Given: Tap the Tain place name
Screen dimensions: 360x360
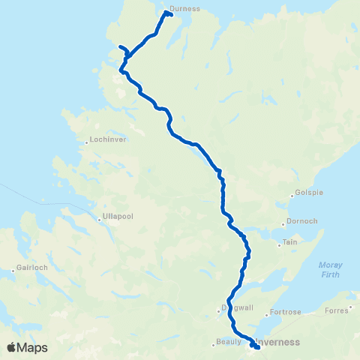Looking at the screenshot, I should pos(289,244).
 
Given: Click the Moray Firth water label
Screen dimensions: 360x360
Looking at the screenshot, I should pos(330,268).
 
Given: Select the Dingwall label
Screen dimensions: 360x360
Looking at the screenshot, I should pos(237,307).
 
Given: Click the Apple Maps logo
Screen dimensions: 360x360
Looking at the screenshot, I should pos(27,347).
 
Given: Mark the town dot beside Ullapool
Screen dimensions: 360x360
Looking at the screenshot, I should pos(99,219).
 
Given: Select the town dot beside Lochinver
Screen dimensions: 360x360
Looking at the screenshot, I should pos(87,139).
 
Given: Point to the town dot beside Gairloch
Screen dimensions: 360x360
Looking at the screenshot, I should pos(14,268).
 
